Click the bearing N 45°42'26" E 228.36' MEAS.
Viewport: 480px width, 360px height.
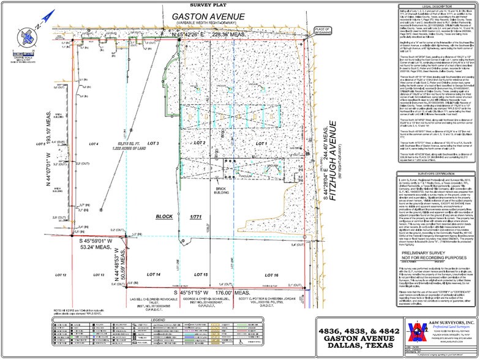click(x=162, y=35)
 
